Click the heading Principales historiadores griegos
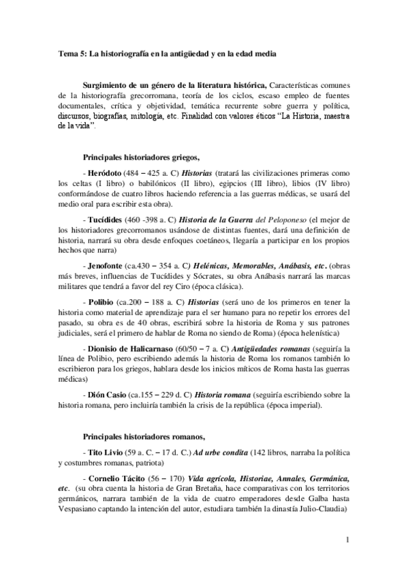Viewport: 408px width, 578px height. pyautogui.click(x=140, y=155)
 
